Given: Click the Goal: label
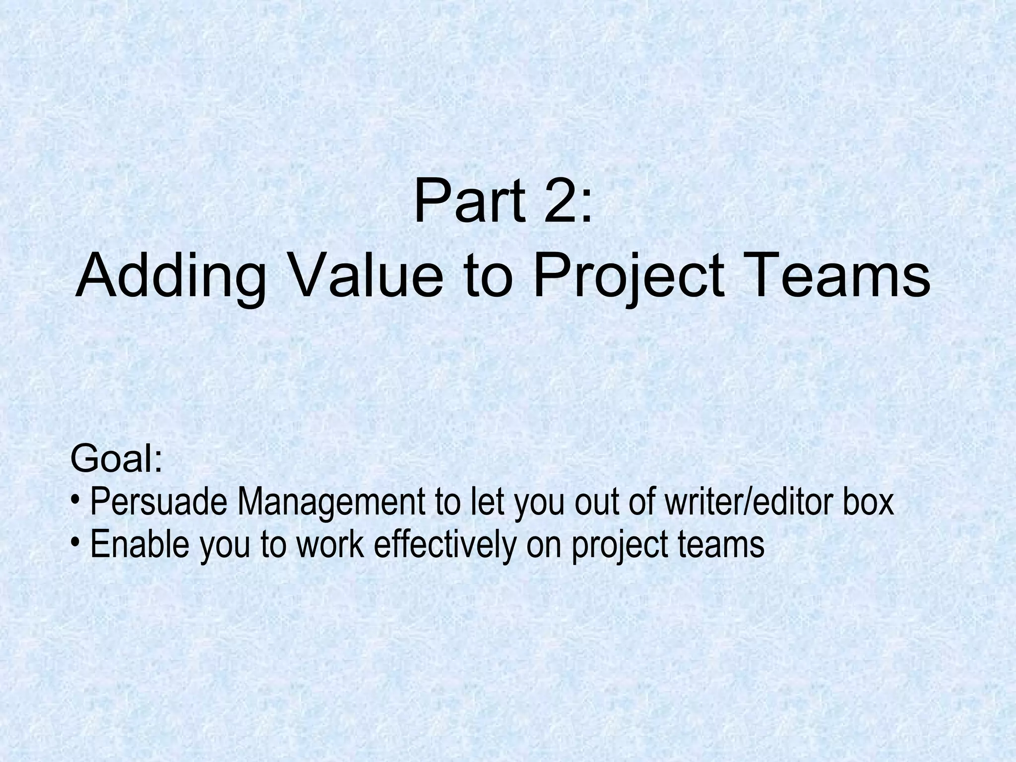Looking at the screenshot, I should [117, 459].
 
